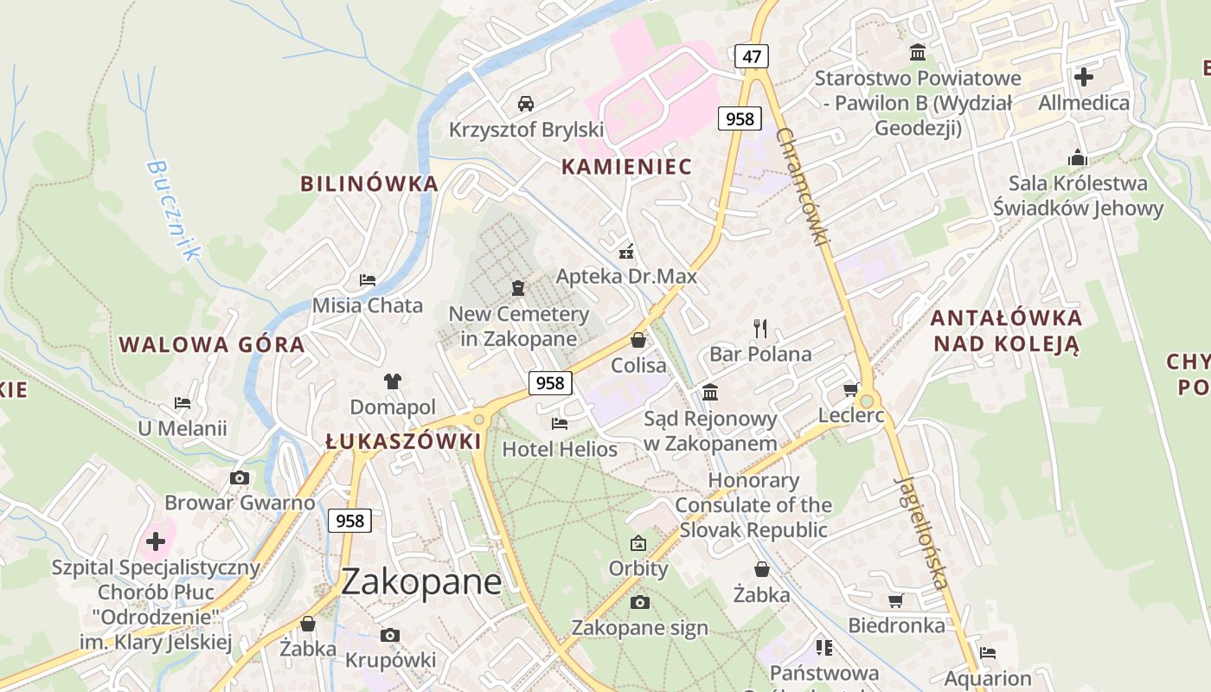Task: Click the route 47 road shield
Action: click(752, 57)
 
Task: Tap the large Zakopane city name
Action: click(421, 581)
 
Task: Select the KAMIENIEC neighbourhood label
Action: click(627, 166)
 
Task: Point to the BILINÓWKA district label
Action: click(369, 183)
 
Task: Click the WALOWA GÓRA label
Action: click(212, 344)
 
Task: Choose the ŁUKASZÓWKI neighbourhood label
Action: click(403, 441)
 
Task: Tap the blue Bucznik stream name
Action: click(174, 209)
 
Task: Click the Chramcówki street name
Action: click(804, 185)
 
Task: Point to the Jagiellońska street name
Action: click(923, 531)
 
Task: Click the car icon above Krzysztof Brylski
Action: click(525, 104)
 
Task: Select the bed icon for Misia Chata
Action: click(368, 279)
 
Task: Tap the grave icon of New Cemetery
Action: click(518, 287)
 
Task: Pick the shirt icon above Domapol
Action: click(393, 381)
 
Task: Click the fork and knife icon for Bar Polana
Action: click(760, 328)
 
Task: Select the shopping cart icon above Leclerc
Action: click(851, 390)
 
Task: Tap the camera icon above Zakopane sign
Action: click(639, 602)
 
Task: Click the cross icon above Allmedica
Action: click(1083, 77)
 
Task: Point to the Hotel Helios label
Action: click(560, 449)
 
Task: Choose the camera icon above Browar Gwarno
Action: click(240, 477)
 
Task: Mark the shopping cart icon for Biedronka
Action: click(896, 600)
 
